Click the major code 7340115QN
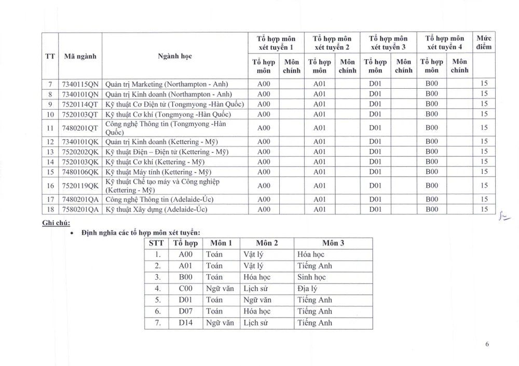tap(80, 84)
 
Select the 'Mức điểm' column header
tap(484, 43)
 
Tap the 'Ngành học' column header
tap(174, 56)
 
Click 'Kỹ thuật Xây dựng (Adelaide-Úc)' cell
tap(159, 209)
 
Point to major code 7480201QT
tap(80, 128)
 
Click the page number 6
tap(487, 344)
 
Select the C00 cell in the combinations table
tap(185, 289)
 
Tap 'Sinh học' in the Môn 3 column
tap(311, 277)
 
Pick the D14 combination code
tap(185, 323)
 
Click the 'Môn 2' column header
tap(267, 243)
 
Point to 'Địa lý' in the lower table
tap(307, 289)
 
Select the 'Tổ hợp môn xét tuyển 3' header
tap(388, 43)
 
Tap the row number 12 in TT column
tap(50, 142)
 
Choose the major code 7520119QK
tap(80, 185)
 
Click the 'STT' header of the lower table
tap(156, 243)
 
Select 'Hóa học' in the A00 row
tap(311, 254)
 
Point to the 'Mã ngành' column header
tap(80, 56)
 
